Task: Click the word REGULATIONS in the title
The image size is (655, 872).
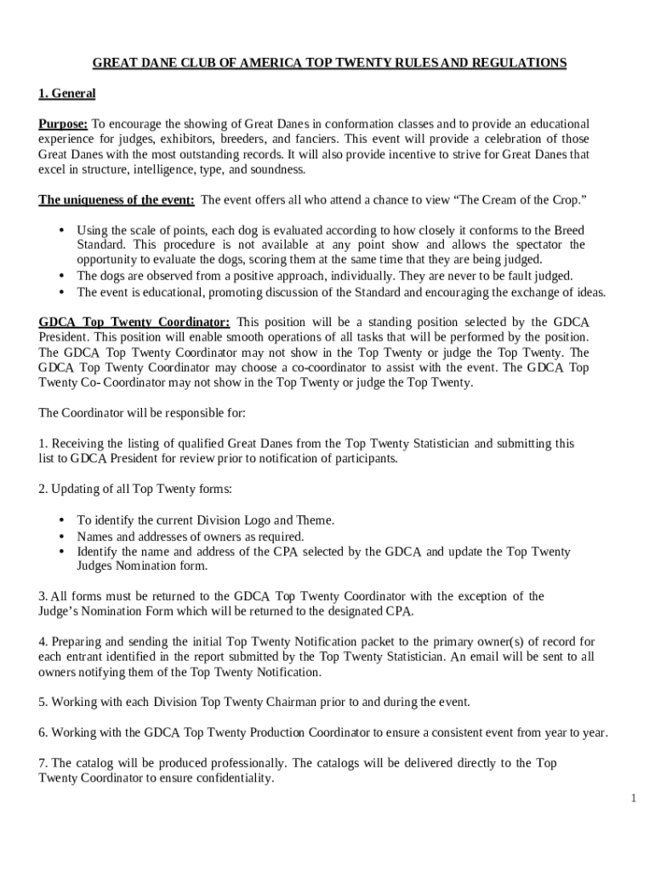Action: pos(520,63)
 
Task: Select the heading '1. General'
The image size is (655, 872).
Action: pos(66,93)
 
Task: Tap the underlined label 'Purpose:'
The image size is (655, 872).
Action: pos(63,124)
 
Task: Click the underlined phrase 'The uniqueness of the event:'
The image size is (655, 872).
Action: pos(117,200)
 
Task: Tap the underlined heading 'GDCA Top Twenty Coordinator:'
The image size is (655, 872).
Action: pos(134,323)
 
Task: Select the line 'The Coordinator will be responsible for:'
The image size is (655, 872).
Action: pos(142,413)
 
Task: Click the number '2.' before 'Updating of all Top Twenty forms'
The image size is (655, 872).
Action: pos(43,489)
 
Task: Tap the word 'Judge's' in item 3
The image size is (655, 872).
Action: pos(60,611)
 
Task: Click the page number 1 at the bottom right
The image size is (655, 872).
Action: pos(634,798)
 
